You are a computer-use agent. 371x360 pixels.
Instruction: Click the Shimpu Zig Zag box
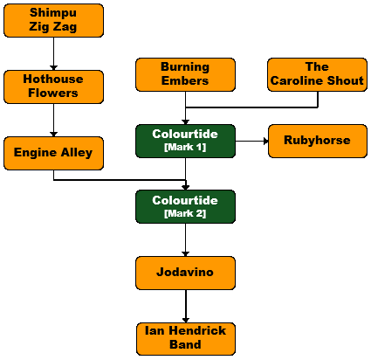tap(53, 20)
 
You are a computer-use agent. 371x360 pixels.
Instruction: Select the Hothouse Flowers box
tap(53, 87)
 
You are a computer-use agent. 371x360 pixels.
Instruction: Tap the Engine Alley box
tap(53, 153)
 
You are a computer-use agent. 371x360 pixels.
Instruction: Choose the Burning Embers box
tap(185, 74)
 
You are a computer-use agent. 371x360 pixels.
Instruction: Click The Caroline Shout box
tap(317, 74)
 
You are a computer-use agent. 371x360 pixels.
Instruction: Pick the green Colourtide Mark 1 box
tap(185, 141)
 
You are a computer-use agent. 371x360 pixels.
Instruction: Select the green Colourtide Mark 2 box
tap(185, 207)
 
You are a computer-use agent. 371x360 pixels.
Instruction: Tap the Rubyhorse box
tap(318, 141)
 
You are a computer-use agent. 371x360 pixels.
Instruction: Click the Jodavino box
tap(185, 273)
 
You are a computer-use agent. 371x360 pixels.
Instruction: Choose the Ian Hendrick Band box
tap(186, 339)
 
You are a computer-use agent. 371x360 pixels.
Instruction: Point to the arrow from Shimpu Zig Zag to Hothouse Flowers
tap(53, 53)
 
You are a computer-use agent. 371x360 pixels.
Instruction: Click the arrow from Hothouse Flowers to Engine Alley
tap(53, 120)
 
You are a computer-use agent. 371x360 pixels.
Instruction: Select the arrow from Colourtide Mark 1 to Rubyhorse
tap(251, 142)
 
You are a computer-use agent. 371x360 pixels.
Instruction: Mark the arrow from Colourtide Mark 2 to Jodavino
tap(186, 240)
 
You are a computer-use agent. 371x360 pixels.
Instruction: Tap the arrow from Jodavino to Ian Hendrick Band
tap(186, 306)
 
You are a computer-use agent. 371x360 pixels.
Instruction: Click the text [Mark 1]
tap(185, 147)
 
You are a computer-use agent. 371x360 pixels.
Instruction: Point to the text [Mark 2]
tap(185, 213)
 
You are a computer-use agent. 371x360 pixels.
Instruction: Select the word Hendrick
tap(197, 330)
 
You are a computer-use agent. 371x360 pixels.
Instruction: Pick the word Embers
tap(185, 80)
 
